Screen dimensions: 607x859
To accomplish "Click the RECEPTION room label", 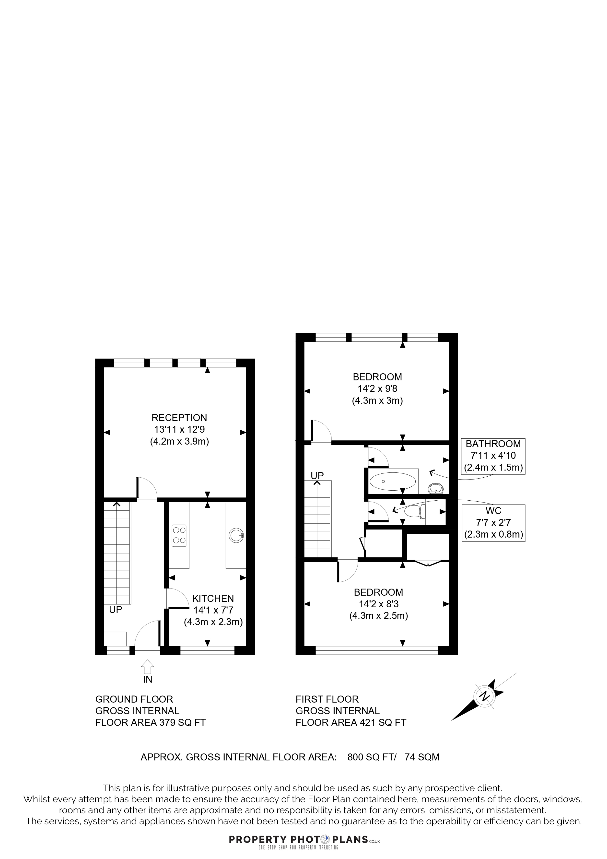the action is tap(179, 418).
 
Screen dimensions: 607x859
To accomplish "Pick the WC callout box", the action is tap(493, 523).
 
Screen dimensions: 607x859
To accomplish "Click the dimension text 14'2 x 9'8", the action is tap(377, 389).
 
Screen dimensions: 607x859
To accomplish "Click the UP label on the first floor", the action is tap(317, 475).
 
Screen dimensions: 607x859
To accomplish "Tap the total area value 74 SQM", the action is tap(422, 757).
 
